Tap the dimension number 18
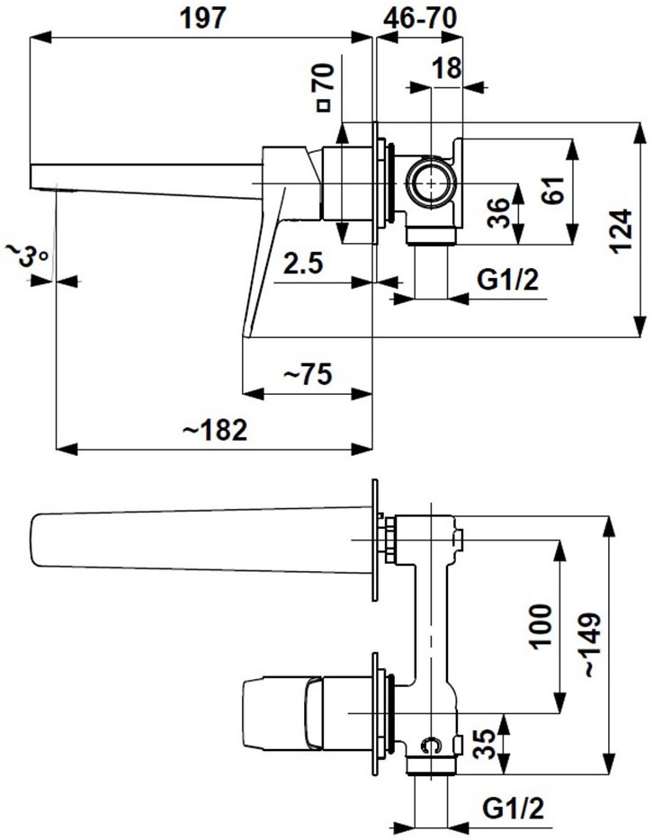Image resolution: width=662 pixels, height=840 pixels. (x=446, y=67)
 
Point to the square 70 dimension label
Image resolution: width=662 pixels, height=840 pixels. (x=325, y=87)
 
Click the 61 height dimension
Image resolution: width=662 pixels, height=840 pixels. (x=552, y=190)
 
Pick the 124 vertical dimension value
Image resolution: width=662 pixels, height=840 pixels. (x=622, y=231)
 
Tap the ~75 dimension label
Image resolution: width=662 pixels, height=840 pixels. (x=309, y=373)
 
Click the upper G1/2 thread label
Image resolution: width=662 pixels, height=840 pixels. (x=507, y=281)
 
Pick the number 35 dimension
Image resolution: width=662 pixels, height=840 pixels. (x=483, y=744)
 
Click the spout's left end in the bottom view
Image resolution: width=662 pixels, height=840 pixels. (x=36, y=540)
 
